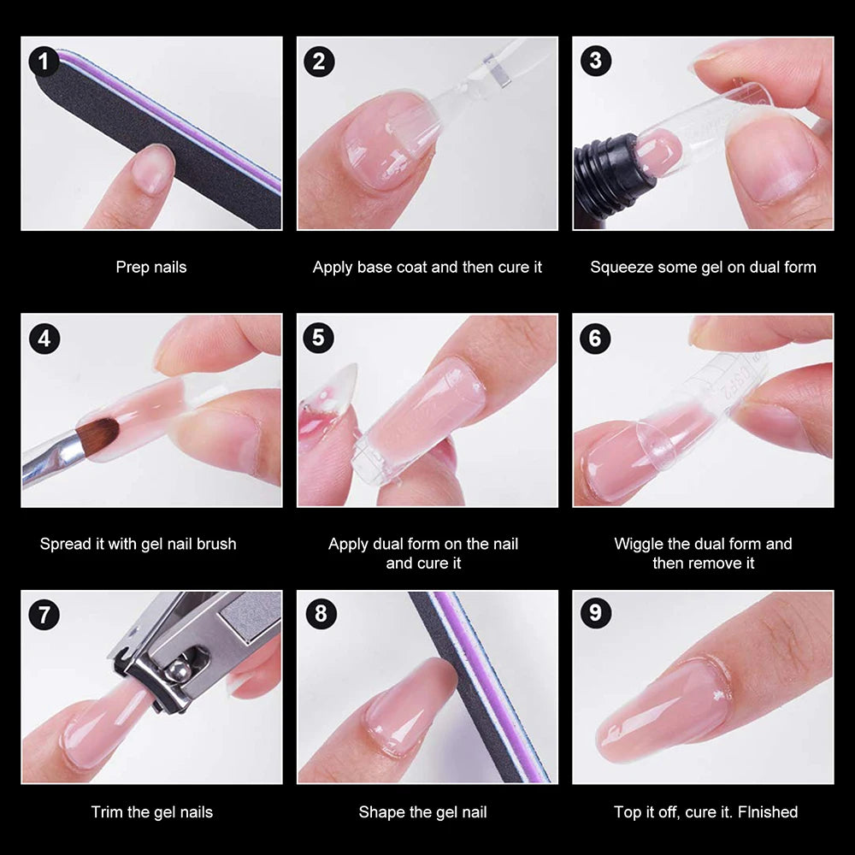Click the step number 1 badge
point(44,62)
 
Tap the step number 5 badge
point(319,339)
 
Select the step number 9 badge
point(595,615)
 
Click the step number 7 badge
point(44,615)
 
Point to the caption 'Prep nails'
point(151,267)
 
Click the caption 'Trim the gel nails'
point(152,812)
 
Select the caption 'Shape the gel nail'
point(422,812)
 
